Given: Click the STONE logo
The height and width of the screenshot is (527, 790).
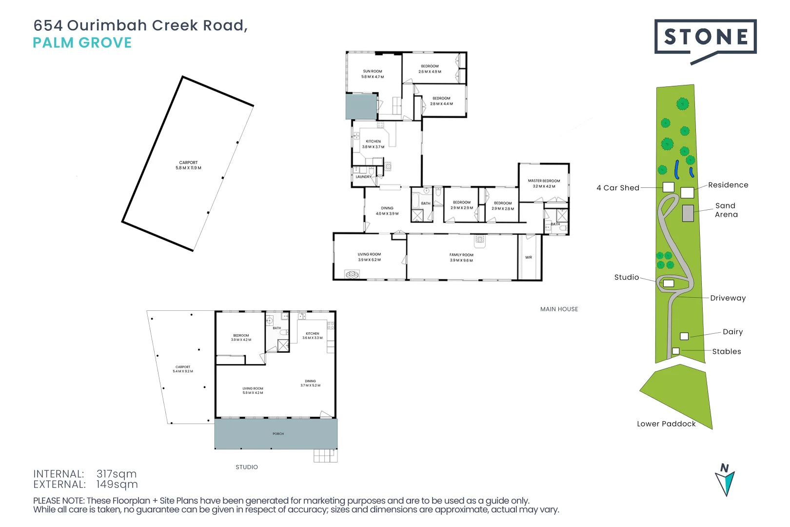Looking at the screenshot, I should point(705,37).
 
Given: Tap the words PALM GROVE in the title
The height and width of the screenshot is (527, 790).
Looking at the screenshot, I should point(82,43).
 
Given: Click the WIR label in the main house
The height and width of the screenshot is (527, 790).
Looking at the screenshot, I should point(529,257).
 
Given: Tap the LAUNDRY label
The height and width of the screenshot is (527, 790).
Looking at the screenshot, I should point(363,177).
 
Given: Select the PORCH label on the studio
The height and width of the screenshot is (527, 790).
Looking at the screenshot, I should point(278,434).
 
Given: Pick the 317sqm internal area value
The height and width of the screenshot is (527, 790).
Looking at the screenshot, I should point(117,474).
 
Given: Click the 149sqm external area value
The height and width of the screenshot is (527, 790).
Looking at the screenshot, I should point(117,485).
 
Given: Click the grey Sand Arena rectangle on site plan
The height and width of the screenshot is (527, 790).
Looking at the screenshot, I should point(688,213).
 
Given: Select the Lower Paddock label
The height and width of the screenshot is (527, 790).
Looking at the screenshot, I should point(666,424).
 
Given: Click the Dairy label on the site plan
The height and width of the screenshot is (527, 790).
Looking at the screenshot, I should point(732,332).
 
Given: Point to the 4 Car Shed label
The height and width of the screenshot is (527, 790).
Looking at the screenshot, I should point(618,188).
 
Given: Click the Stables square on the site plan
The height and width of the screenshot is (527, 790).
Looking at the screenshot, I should point(676,351).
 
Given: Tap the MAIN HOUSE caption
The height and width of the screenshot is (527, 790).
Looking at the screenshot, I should point(559,309).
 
